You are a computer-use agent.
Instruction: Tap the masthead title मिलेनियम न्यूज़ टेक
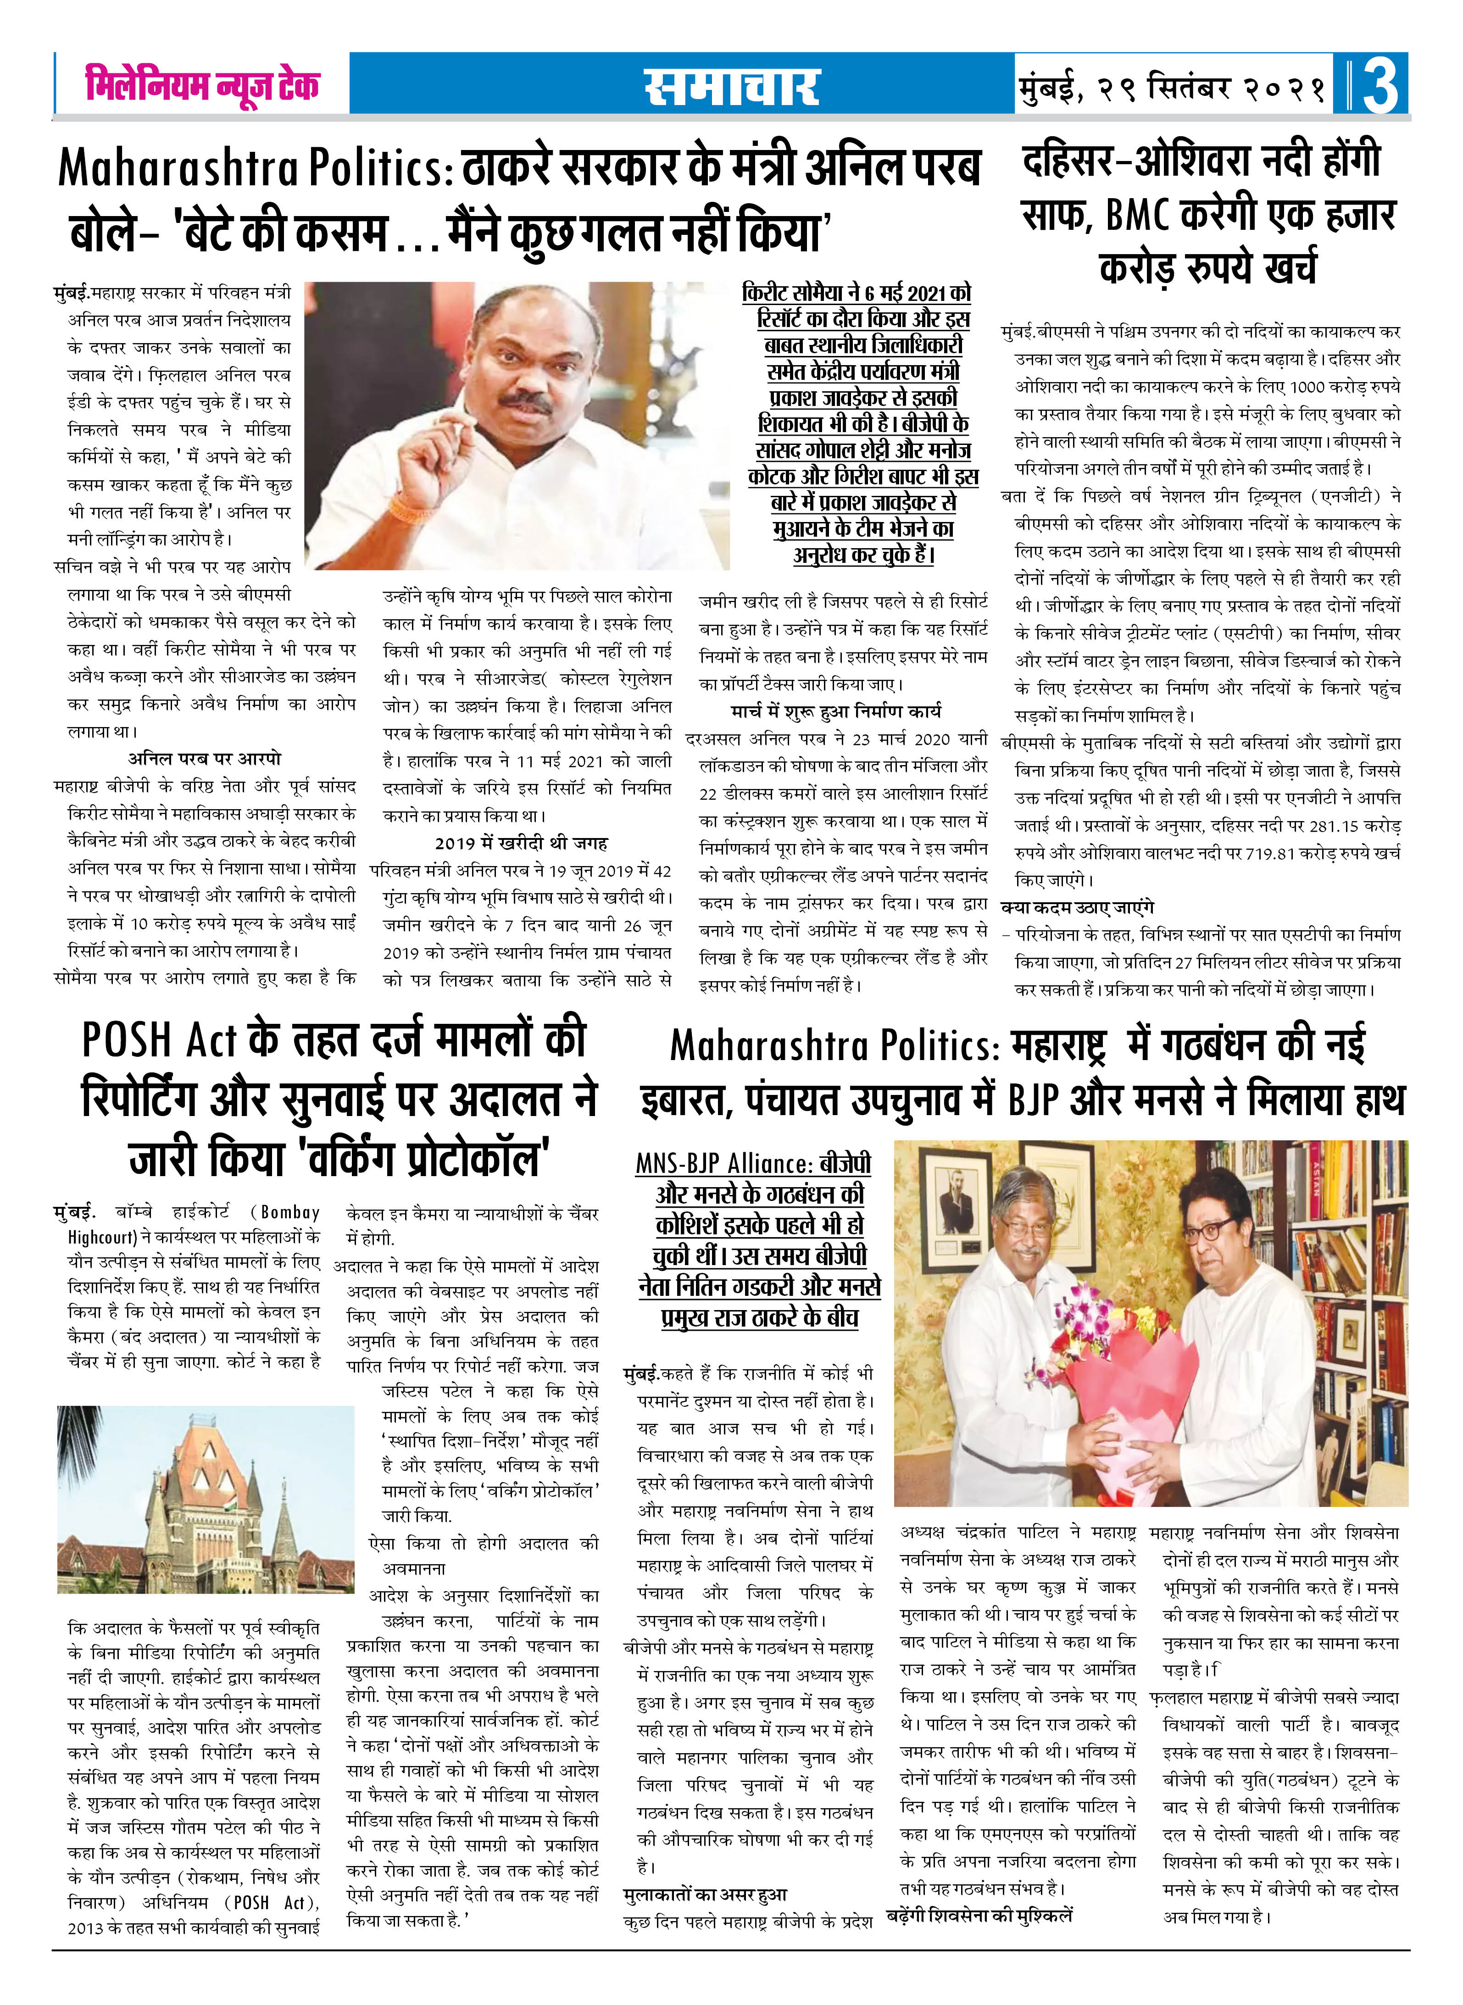coord(202,85)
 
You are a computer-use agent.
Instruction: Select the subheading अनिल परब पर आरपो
coord(205,759)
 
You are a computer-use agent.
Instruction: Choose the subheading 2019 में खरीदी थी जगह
coord(521,843)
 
